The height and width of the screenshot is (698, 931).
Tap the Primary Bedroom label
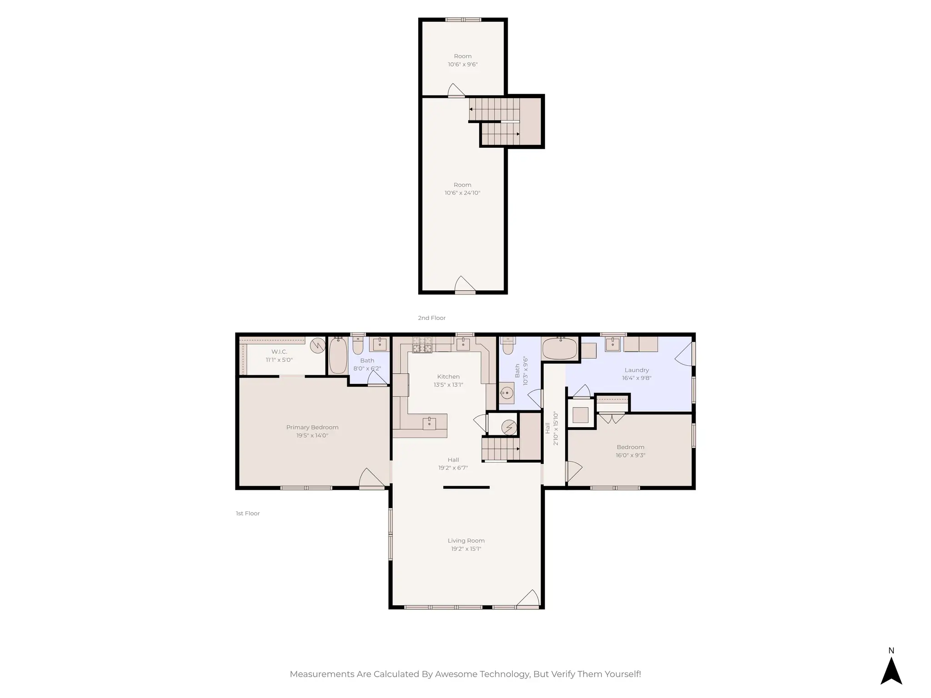(312, 427)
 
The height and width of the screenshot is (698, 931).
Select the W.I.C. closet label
(279, 352)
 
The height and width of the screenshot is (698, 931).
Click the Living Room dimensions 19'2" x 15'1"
(466, 549)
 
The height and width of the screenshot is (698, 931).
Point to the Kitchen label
(448, 377)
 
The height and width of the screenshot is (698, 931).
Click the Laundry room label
(636, 370)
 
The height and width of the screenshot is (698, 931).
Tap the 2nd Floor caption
(431, 318)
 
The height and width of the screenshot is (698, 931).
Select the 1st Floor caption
(248, 514)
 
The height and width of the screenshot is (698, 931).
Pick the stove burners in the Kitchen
(422, 345)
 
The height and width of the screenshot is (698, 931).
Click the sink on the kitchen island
(429, 423)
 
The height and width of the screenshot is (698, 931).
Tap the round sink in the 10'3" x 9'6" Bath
(506, 393)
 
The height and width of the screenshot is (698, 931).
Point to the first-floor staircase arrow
(517, 449)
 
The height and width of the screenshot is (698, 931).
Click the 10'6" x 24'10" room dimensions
(462, 193)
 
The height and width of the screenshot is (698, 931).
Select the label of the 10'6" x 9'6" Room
(463, 56)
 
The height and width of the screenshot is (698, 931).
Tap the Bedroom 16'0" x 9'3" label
(631, 447)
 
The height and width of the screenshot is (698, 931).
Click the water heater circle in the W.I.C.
(317, 346)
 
